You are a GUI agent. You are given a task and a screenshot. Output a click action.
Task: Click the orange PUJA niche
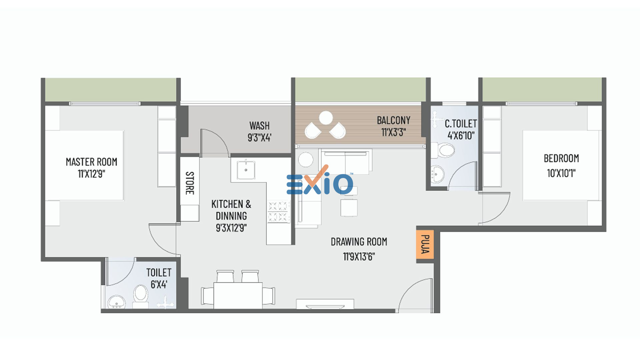pyautogui.click(x=425, y=244)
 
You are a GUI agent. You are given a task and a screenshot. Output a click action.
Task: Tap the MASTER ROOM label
pyautogui.click(x=91, y=162)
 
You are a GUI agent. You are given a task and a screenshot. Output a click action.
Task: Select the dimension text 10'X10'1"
pyautogui.click(x=561, y=173)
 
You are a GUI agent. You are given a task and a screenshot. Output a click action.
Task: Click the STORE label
pyautogui.click(x=189, y=183)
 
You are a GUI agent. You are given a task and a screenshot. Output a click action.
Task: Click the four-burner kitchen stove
pyautogui.click(x=278, y=211)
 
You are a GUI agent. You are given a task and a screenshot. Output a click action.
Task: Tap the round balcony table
pyautogui.click(x=326, y=118)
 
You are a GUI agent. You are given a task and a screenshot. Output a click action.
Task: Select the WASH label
pyautogui.click(x=259, y=126)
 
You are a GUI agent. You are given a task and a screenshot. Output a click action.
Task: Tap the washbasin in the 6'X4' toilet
pyautogui.click(x=117, y=302)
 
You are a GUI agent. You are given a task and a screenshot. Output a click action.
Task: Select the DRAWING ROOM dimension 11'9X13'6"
pyautogui.click(x=359, y=257)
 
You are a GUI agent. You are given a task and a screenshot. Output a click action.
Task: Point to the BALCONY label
pyautogui.click(x=393, y=120)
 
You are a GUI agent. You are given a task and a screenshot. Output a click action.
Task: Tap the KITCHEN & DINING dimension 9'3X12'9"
pyautogui.click(x=231, y=228)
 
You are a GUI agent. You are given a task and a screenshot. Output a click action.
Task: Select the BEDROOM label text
pyautogui.click(x=561, y=158)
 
